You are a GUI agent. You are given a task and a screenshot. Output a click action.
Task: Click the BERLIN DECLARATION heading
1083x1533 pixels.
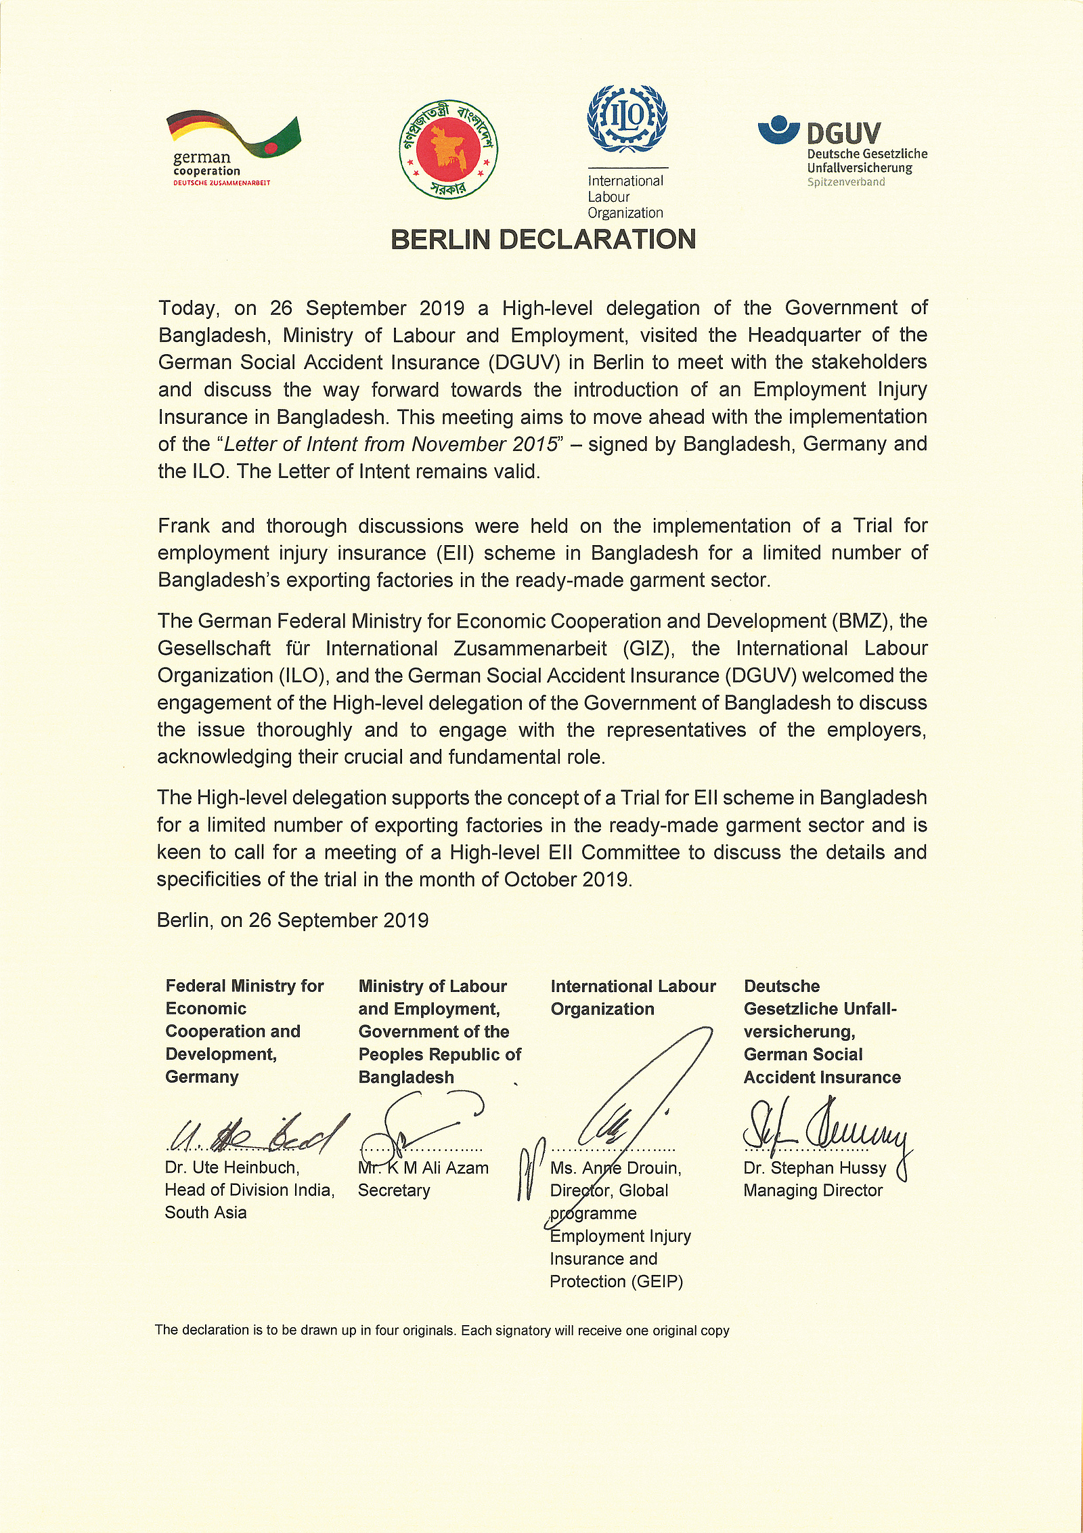543,240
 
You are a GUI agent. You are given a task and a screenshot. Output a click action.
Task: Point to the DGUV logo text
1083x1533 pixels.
843,133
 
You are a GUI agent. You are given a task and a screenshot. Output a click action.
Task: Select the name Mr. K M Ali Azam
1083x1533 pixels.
423,1168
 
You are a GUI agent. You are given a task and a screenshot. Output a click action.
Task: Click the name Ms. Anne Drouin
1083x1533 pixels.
615,1168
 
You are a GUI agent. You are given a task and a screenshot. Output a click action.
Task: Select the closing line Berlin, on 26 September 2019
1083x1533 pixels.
292,920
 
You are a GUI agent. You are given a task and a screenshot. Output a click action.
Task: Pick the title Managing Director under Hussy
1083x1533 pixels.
813,1190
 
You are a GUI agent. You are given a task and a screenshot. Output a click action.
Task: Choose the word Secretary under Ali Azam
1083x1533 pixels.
394,1190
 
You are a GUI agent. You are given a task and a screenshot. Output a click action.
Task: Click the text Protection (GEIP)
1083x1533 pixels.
616,1281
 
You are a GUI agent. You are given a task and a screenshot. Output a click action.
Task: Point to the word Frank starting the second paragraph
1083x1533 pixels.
185,525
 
